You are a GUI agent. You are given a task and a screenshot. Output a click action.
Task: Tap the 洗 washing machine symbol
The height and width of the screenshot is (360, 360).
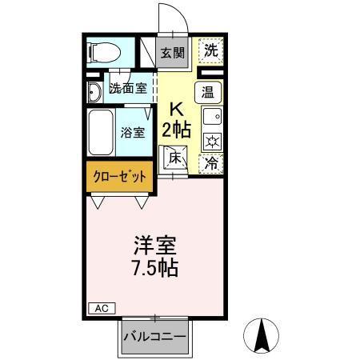(210, 50)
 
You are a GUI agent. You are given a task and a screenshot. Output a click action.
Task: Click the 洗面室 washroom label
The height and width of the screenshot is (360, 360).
(126, 90)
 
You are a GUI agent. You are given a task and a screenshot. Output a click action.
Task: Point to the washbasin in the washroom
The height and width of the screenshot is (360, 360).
(93, 92)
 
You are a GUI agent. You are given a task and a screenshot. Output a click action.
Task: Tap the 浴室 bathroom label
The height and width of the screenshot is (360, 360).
(132, 133)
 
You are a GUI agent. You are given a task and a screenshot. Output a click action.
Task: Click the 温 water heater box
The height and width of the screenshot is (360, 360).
(208, 91)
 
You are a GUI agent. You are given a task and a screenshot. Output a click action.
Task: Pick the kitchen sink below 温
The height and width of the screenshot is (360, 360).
(210, 118)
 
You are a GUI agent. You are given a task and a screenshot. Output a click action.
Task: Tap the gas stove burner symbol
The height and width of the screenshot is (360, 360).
(210, 142)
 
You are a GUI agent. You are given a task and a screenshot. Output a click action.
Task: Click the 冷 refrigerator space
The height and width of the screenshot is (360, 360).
(210, 162)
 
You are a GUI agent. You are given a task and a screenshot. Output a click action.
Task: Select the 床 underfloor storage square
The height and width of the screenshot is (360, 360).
(176, 158)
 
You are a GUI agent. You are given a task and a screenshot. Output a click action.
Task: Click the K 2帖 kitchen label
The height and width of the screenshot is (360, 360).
(176, 120)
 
